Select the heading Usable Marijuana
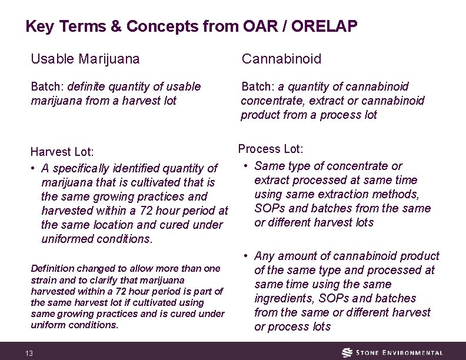tap(85, 59)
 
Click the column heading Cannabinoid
tap(282, 59)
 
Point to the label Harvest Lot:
tap(62, 152)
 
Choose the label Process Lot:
tap(270, 149)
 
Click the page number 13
tap(29, 353)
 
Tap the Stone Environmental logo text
tap(400, 353)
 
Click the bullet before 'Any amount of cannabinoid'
tap(244, 256)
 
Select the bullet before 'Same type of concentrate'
tap(244, 166)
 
